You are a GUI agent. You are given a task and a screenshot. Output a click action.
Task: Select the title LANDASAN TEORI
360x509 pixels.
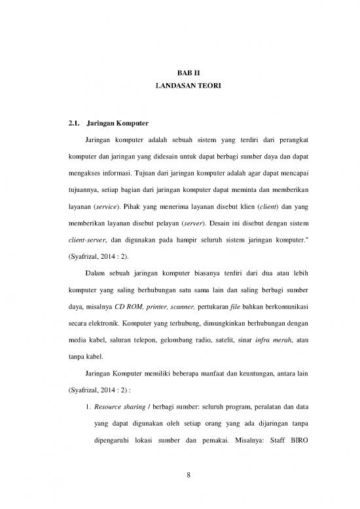[179, 86]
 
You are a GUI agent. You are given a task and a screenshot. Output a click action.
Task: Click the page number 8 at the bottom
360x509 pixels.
[179, 475]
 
